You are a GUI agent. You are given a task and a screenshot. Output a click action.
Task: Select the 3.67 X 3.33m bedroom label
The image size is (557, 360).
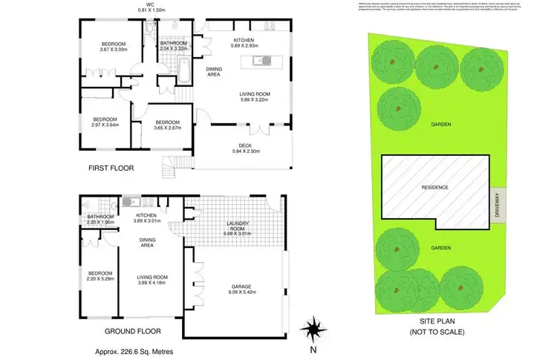tap(114, 47)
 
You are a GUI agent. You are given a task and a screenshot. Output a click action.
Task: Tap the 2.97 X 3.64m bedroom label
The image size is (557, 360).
tap(106, 122)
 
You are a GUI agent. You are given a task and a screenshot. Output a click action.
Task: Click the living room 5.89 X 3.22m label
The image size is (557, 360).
tap(254, 96)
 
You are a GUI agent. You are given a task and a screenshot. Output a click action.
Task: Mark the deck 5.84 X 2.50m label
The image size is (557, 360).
tap(243, 149)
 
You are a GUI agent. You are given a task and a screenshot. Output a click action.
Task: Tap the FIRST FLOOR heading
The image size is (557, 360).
tap(111, 168)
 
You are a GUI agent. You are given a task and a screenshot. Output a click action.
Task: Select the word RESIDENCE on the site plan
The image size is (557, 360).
tap(434, 188)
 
